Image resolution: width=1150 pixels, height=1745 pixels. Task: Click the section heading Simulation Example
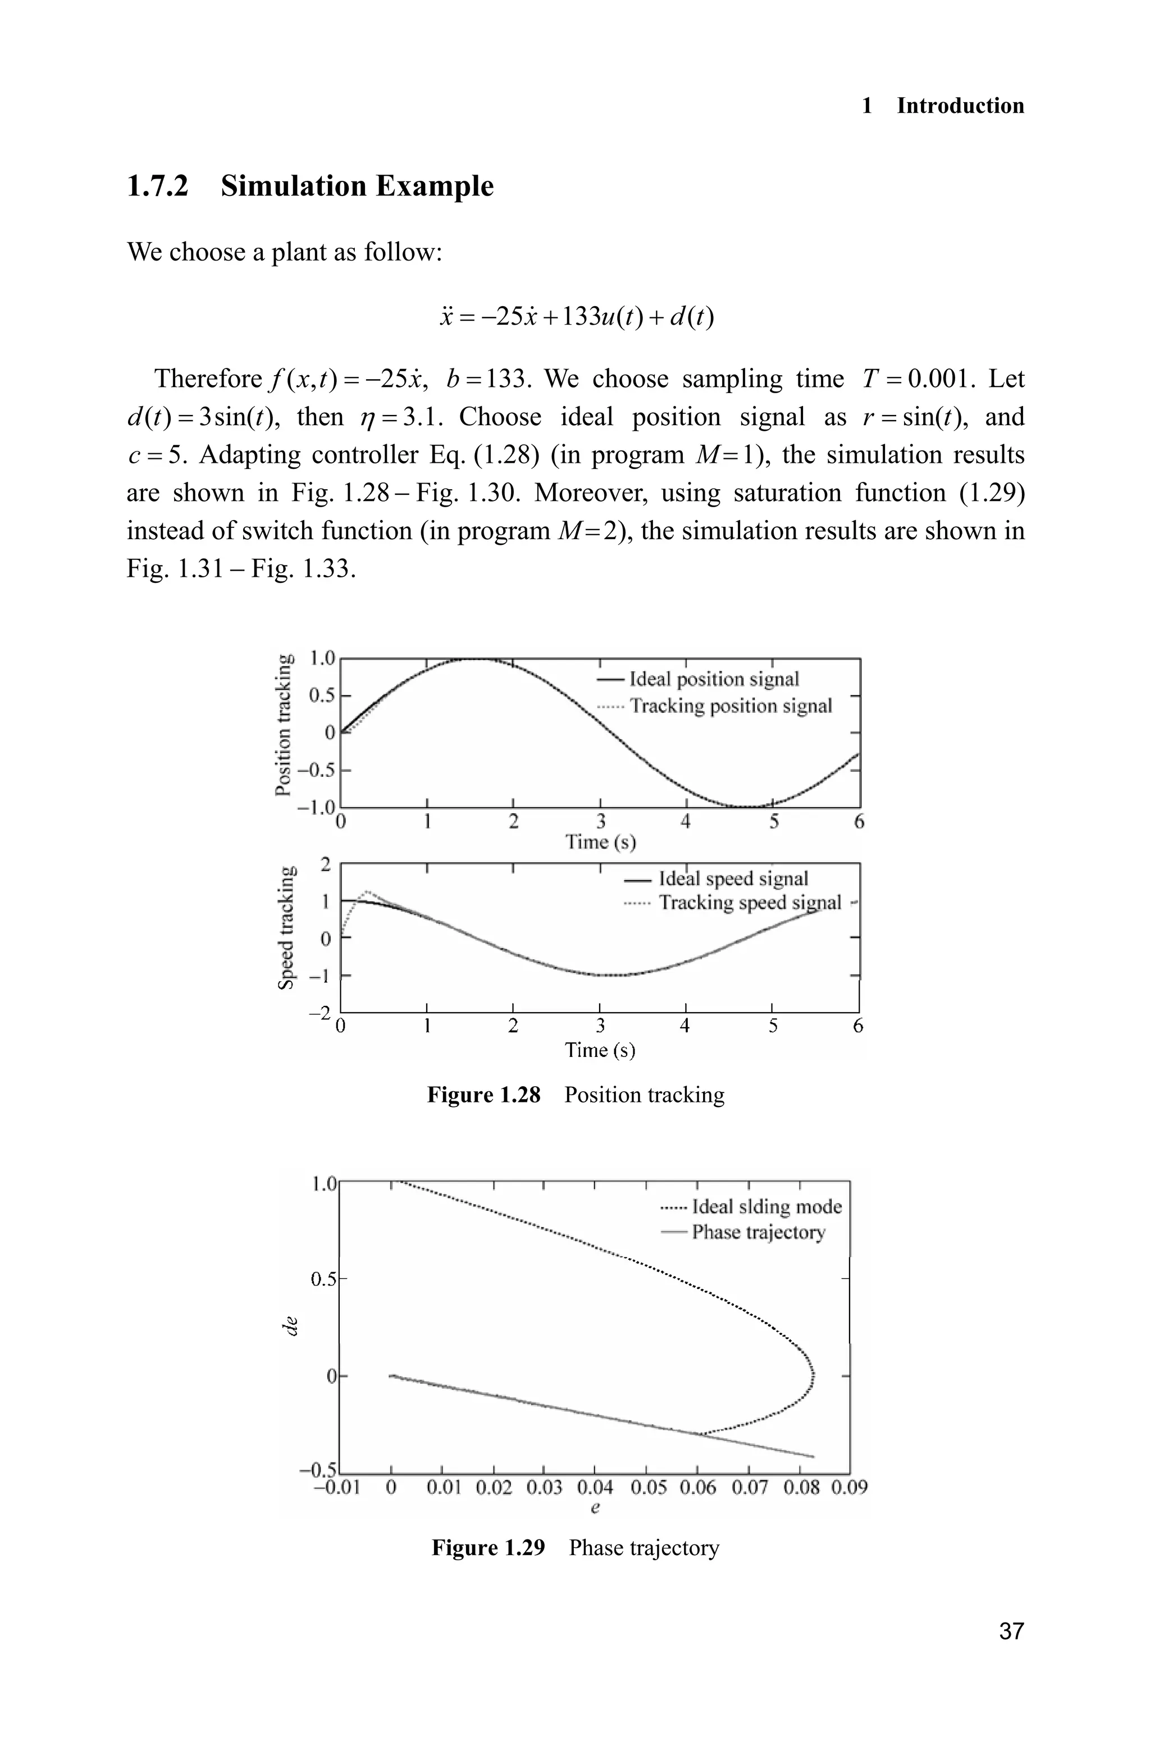pyautogui.click(x=357, y=186)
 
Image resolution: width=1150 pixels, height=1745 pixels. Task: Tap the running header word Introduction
pyautogui.click(x=960, y=106)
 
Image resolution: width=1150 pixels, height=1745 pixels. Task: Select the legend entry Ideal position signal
pyautogui.click(x=714, y=679)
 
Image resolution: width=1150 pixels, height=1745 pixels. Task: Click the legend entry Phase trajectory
pyautogui.click(x=757, y=1232)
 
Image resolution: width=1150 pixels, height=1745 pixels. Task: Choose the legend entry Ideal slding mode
pyautogui.click(x=766, y=1206)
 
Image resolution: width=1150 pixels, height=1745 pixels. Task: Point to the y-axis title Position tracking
pyautogui.click(x=283, y=724)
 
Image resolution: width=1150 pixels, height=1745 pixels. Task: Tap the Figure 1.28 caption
pyautogui.click(x=575, y=1095)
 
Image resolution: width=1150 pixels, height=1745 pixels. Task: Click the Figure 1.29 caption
pyautogui.click(x=575, y=1548)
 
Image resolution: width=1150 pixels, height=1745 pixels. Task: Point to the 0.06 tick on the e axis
pyautogui.click(x=696, y=1488)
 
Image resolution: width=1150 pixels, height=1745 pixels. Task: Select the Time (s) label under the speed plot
pyautogui.click(x=599, y=1050)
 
